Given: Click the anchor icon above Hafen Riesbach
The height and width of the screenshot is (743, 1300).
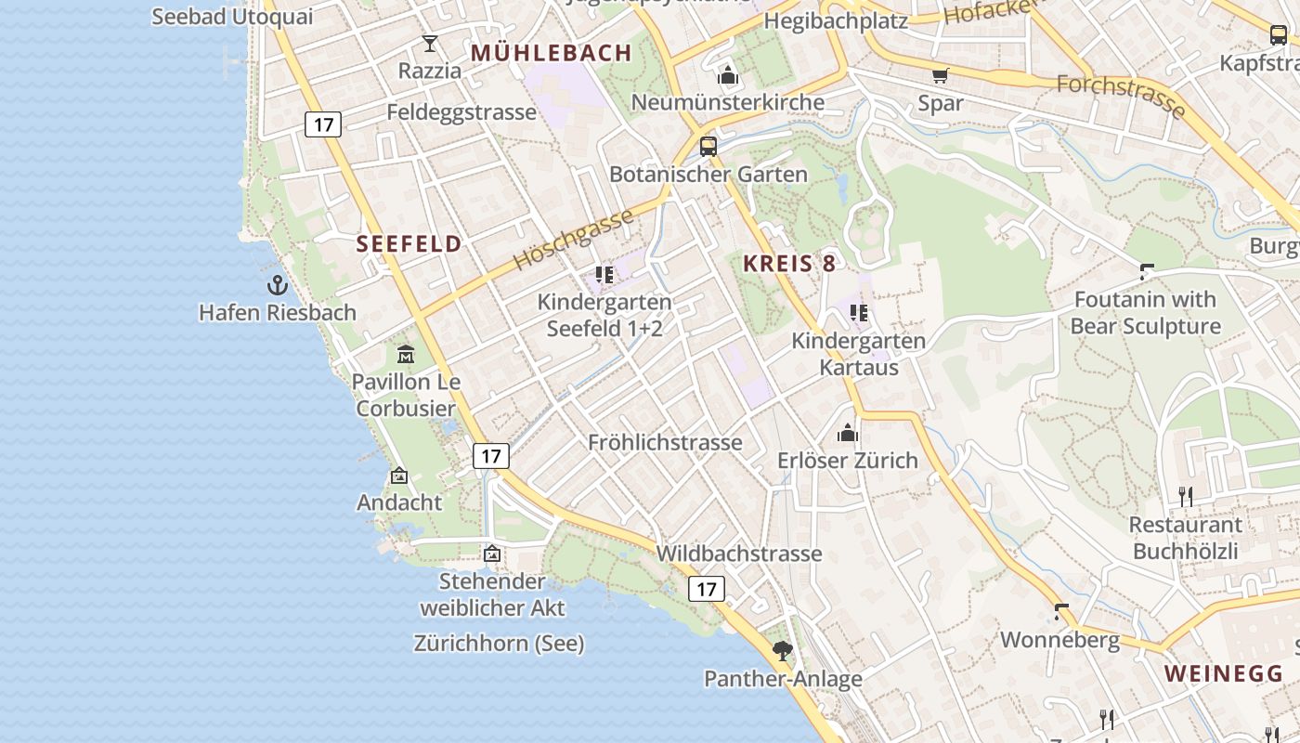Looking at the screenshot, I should point(278,285).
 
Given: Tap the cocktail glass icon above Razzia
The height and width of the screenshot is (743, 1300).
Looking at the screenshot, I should point(430,44).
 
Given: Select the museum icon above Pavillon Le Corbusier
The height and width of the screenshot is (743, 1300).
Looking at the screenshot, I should point(406,354).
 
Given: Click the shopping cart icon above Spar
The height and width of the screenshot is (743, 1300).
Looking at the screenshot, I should point(941,75).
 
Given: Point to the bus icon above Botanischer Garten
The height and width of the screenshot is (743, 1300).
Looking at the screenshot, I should point(708,147).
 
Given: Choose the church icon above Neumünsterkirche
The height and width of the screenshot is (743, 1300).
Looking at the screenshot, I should point(728,75).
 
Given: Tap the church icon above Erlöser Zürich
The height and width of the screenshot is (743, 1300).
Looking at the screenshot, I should point(848,434).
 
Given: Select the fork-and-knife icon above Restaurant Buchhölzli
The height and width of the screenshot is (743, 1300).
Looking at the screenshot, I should point(1186,497).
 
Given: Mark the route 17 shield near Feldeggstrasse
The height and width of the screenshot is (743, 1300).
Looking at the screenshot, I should point(323,124).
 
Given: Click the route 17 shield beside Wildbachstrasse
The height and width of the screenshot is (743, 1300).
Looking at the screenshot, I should point(707,588).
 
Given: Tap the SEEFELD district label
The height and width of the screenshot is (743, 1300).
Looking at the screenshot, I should point(409,244).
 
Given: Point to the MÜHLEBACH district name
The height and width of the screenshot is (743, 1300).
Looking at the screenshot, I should point(552,53).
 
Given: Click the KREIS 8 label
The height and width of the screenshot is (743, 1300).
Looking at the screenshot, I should point(789,264).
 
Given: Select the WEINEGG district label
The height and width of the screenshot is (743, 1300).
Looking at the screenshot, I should point(1224,674).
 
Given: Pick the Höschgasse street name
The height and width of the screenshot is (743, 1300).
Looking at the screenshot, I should point(573,240).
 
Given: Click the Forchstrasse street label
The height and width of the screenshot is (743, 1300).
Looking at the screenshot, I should point(1122,97).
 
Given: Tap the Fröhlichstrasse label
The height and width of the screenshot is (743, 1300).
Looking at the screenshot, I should point(665,443).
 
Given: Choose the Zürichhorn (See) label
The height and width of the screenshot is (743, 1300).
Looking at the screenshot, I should point(499,643).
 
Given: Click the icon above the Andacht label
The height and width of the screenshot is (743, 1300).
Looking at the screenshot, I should point(399,476).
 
